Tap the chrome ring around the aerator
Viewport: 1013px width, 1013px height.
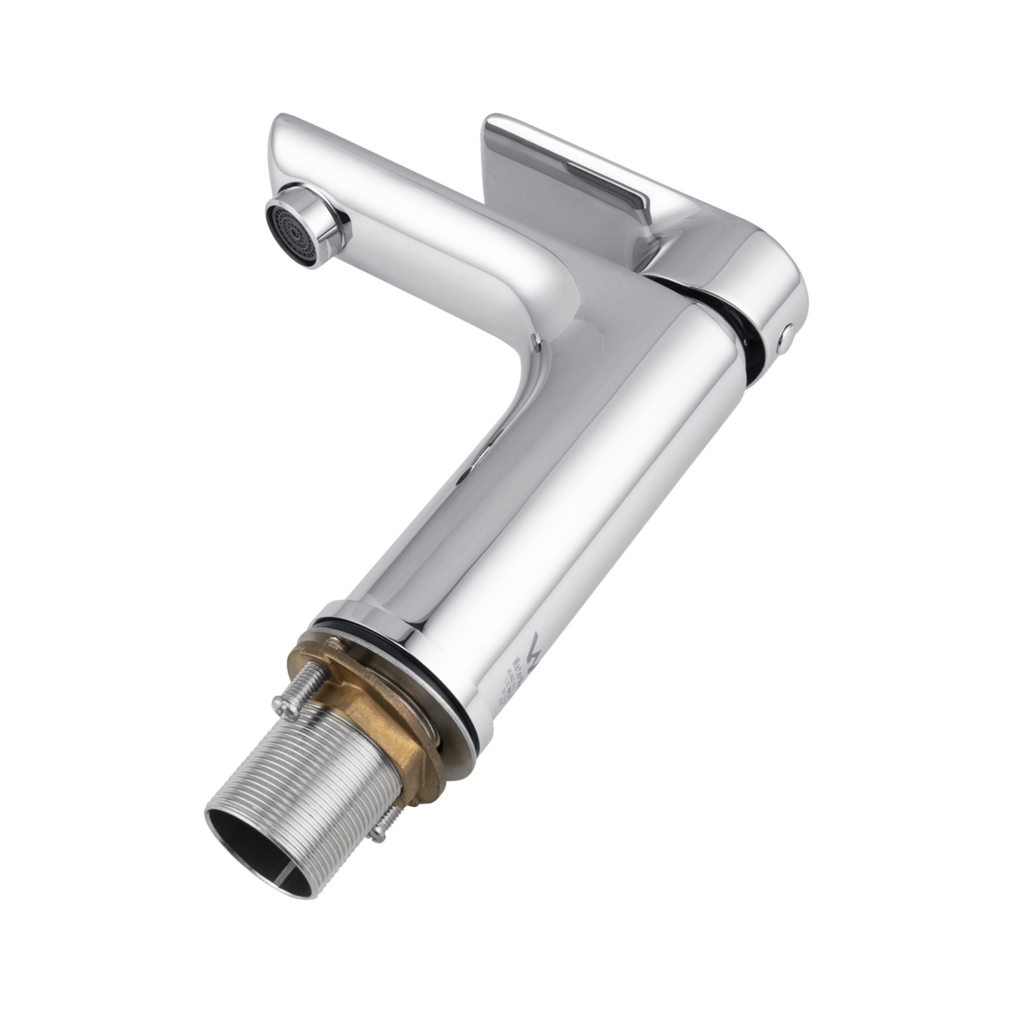(319, 222)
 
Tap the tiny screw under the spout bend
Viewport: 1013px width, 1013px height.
(536, 342)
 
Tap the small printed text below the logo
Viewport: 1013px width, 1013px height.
(508, 684)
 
